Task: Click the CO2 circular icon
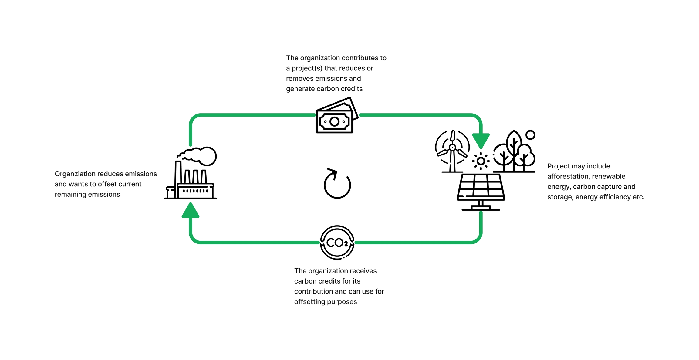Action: tap(337, 242)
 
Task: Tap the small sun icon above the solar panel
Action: tap(481, 161)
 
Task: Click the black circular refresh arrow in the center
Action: tap(337, 184)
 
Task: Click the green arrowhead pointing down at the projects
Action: tap(481, 140)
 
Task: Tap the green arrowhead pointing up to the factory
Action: tap(190, 211)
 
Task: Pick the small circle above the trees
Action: tap(530, 135)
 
